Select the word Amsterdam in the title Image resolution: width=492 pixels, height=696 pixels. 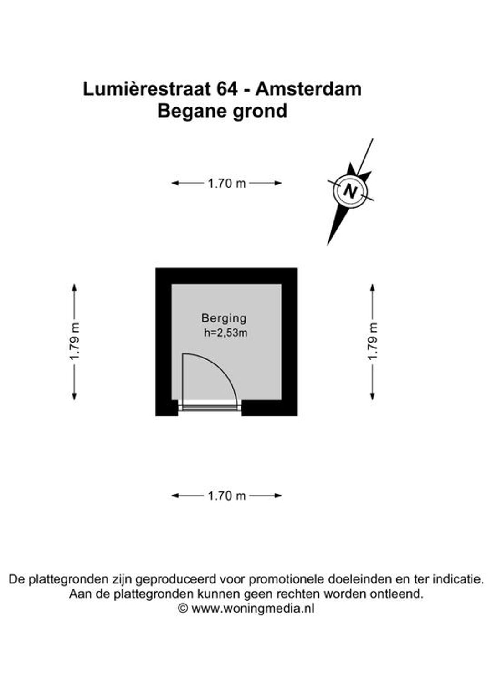click(308, 89)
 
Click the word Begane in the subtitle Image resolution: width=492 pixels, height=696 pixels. click(193, 112)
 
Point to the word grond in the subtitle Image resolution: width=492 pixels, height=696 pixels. click(260, 112)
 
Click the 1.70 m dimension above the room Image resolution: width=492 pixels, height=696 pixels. click(226, 183)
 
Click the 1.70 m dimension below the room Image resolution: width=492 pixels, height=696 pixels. click(226, 496)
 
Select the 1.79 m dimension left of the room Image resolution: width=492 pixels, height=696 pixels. click(74, 342)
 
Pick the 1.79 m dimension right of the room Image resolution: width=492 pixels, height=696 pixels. click(372, 342)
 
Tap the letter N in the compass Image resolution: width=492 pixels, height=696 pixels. click(350, 190)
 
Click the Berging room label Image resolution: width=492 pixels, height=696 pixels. click(224, 318)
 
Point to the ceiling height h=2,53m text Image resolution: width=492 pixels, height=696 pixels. click(225, 333)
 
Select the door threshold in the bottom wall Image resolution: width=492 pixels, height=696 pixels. click(210, 407)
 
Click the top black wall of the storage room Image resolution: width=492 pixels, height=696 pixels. click(226, 276)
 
